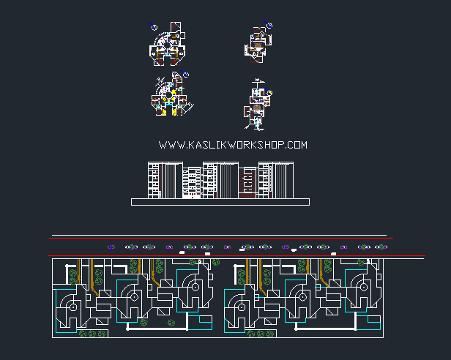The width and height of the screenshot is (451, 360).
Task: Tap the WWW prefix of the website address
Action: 168,146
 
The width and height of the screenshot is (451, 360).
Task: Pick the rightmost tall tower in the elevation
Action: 281,180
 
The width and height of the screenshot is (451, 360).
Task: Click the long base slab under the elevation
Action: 220,201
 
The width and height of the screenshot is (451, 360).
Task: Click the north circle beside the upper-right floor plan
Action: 269,26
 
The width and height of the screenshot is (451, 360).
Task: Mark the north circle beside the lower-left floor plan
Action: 186,75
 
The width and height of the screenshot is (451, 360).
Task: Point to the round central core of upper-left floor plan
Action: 167,50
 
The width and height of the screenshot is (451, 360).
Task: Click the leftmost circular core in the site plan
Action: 73,308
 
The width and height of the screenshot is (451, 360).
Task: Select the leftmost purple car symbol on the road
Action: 111,247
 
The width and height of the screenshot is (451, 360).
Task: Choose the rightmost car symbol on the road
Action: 379,247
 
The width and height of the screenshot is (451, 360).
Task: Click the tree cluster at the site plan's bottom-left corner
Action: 92,334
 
